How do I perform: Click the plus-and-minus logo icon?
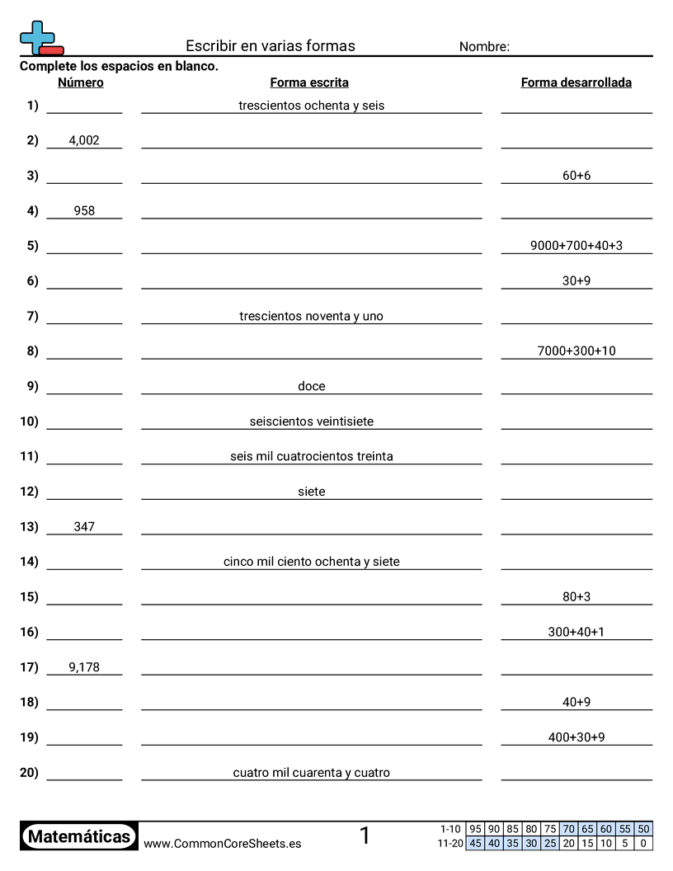pos(40,39)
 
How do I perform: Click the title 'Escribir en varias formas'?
pos(271,46)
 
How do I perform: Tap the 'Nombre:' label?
pos(484,47)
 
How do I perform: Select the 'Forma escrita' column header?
pos(309,82)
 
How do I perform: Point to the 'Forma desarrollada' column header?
pos(577,82)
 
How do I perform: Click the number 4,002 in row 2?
pos(84,140)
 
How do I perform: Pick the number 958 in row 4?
pos(84,210)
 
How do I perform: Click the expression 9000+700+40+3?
pos(577,246)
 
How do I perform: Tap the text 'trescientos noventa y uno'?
pos(311,316)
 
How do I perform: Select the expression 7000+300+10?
pos(577,351)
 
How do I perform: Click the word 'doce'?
pos(312,386)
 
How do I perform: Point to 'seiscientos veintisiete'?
pos(312,421)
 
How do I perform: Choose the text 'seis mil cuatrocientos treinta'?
pos(312,456)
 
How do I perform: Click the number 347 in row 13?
pos(84,526)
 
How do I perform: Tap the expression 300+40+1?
pos(577,632)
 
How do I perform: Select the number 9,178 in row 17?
pos(84,667)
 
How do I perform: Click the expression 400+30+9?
pos(577,737)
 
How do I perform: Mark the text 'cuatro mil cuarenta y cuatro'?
pos(312,773)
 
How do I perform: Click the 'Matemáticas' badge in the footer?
pos(79,836)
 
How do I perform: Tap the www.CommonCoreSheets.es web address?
pos(222,843)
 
